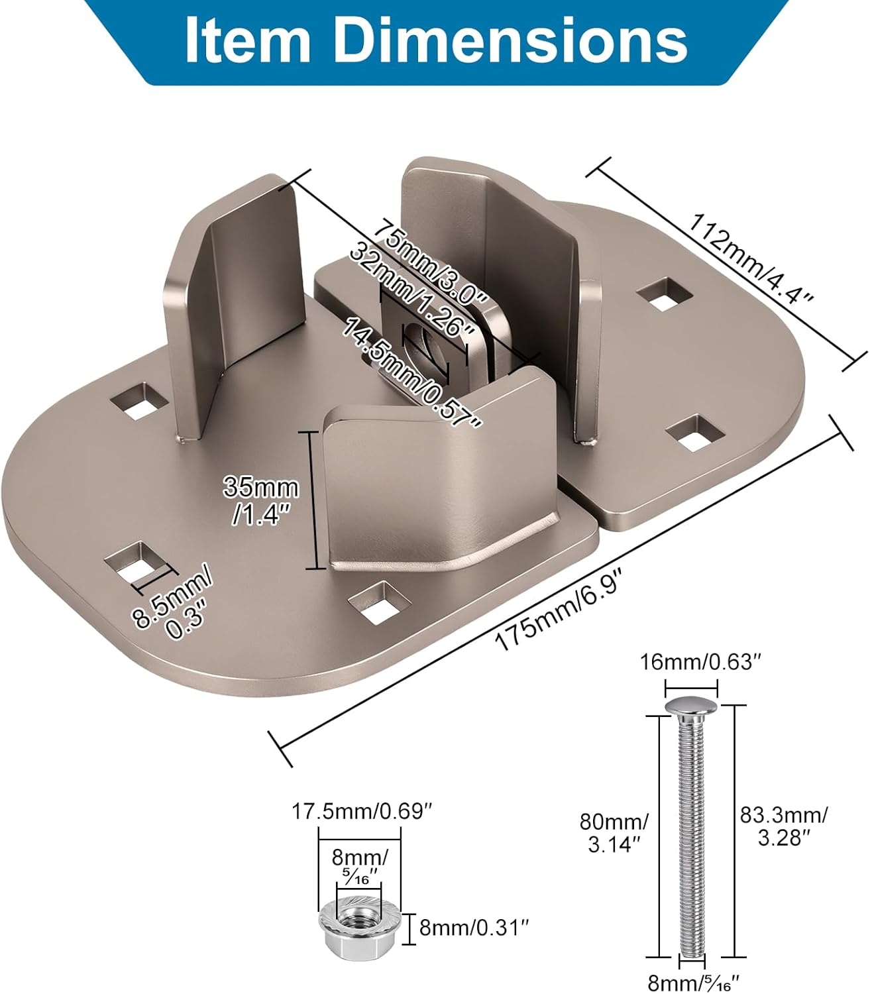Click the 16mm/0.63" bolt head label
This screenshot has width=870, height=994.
tap(696, 662)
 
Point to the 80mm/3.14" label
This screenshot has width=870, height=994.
tap(614, 833)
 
